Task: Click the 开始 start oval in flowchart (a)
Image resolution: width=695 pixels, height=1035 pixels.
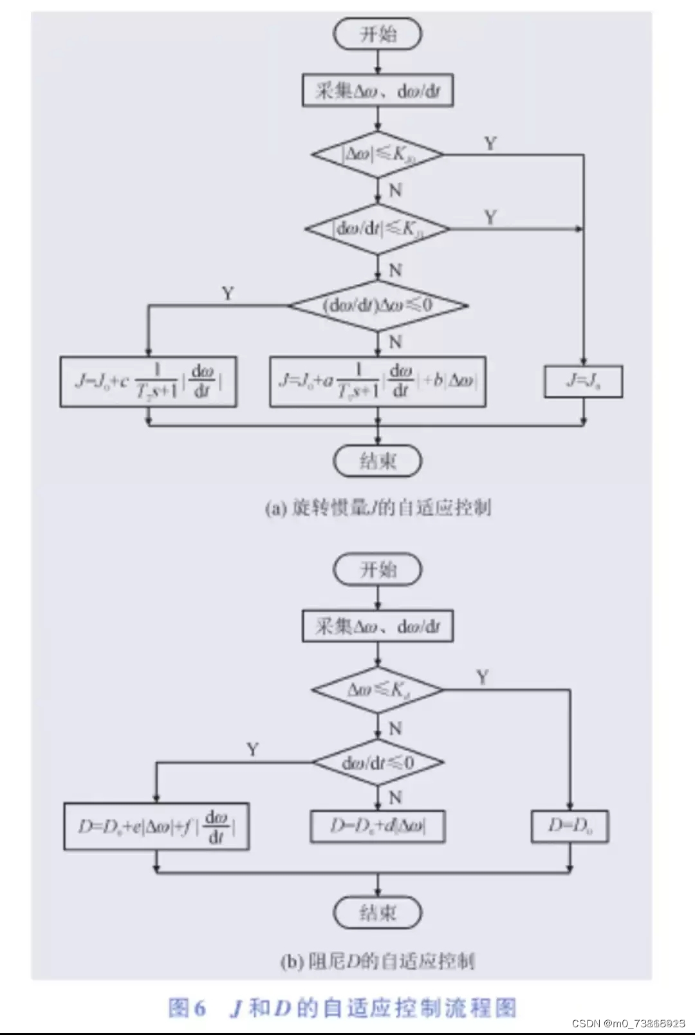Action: point(378,34)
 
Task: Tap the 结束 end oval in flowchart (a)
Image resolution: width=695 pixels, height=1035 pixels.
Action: point(378,461)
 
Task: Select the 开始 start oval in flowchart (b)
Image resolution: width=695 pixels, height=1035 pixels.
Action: point(378,570)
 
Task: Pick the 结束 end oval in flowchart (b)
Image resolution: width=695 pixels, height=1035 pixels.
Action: point(378,913)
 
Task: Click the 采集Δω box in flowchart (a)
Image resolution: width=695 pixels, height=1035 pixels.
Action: point(378,91)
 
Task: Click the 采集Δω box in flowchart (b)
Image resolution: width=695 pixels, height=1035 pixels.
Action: point(378,626)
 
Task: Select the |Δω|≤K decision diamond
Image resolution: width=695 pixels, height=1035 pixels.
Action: point(378,154)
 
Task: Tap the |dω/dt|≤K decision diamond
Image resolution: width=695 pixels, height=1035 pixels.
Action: point(378,228)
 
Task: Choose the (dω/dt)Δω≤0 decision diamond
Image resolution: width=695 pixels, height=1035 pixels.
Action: point(378,305)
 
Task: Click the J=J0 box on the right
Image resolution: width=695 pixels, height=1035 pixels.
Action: point(583,382)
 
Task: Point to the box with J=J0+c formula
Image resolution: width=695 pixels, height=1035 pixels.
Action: point(149,382)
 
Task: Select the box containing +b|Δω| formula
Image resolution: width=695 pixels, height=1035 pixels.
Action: point(378,382)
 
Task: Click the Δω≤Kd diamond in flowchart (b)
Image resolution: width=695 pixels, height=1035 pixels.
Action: point(378,690)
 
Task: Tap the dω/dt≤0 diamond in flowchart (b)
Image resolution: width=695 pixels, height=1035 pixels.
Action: point(378,763)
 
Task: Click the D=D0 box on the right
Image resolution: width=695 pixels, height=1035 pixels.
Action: point(570,826)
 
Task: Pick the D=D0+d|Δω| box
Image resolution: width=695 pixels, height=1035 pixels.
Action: point(378,826)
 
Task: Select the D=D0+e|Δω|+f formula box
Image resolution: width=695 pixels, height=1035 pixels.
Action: point(156,826)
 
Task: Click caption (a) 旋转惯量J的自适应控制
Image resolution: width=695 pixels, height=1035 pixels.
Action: point(378,508)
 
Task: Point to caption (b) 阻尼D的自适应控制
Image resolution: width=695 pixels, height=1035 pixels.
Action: point(378,962)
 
